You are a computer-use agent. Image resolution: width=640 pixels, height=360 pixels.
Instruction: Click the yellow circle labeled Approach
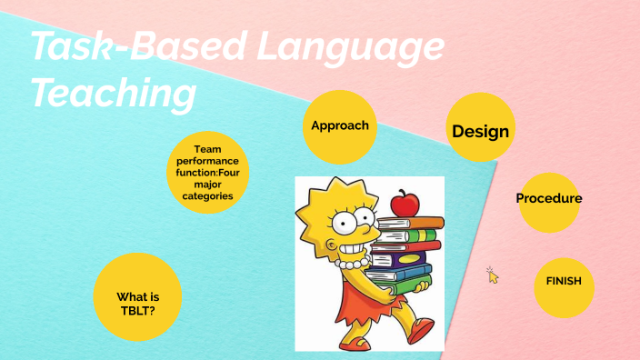click(340, 125)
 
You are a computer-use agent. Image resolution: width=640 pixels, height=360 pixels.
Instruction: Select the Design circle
click(480, 131)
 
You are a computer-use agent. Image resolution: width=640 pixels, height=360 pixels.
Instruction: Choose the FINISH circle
click(564, 282)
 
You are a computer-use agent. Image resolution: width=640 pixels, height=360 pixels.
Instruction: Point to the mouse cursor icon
click(492, 275)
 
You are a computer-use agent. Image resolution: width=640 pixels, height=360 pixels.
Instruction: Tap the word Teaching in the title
click(113, 93)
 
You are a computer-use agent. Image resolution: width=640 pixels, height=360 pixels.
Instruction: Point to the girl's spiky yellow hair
click(318, 205)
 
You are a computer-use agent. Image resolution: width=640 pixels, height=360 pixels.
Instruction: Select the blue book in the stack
click(405, 273)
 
